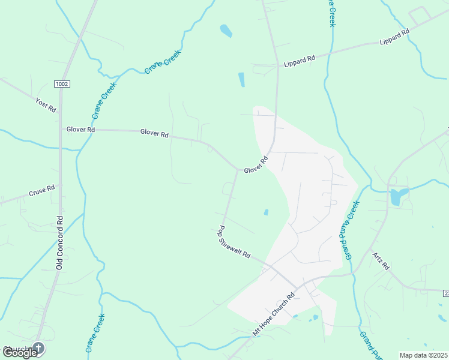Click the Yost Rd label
coord(46,106)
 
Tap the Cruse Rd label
coord(41,191)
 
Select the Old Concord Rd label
coord(59,242)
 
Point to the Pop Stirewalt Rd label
coord(234,242)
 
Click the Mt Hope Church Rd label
coord(274,314)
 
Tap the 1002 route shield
coord(61,83)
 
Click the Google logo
coord(20,353)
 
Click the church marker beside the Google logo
coord(38,348)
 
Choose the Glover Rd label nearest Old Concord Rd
coord(80,129)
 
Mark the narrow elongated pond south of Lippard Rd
coord(241,80)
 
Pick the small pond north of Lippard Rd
coord(226,31)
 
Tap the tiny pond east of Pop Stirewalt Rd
coord(265,212)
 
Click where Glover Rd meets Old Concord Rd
coord(61,128)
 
